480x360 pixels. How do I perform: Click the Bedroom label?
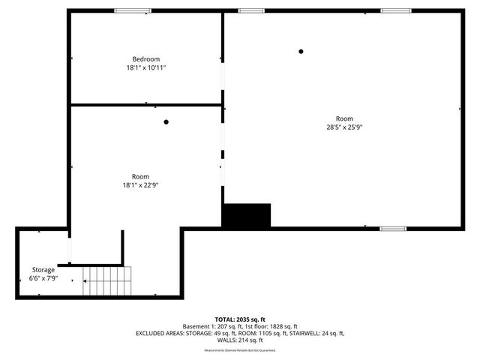[146, 59]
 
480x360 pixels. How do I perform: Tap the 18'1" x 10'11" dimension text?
[146, 67]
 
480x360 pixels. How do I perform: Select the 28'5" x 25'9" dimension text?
[344, 127]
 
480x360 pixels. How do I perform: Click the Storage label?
[43, 269]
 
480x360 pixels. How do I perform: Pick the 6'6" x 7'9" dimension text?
[43, 277]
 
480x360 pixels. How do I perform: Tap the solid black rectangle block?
[246, 215]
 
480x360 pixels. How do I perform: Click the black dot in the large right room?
[301, 52]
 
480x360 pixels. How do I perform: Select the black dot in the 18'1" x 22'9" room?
[166, 122]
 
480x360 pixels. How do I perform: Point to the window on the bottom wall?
[392, 228]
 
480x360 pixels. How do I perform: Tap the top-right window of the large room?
[396, 10]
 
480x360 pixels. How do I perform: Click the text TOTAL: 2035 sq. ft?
[240, 319]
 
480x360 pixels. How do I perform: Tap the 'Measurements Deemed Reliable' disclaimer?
[240, 350]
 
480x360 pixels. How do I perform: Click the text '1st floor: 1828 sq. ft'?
[271, 326]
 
